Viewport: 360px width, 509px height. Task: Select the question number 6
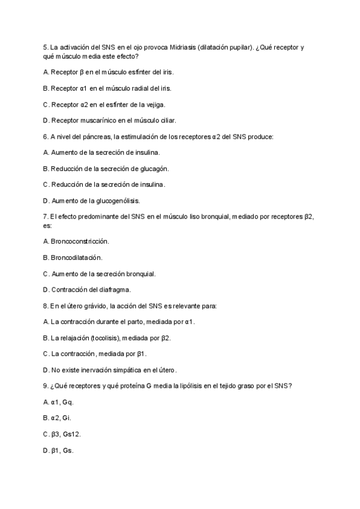pyautogui.click(x=46, y=136)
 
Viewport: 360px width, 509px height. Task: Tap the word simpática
pyautogui.click(x=140, y=370)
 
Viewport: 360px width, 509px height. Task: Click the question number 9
pyautogui.click(x=46, y=385)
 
